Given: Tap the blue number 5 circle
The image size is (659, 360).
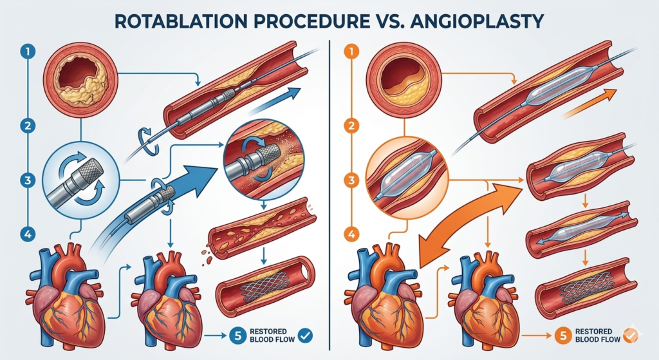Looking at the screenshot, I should [234, 334].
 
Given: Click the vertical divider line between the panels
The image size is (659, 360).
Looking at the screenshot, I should [329, 193].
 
